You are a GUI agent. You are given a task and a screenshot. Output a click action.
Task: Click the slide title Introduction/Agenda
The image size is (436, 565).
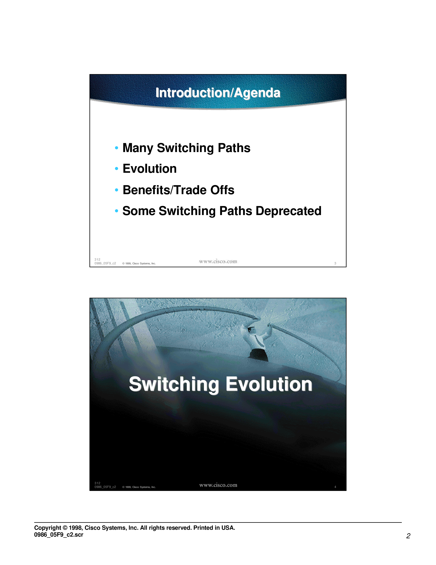tap(218, 93)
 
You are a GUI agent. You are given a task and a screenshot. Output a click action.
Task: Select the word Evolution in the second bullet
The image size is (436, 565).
tap(150, 169)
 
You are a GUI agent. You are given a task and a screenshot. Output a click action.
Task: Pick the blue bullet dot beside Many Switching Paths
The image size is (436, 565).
tap(116, 148)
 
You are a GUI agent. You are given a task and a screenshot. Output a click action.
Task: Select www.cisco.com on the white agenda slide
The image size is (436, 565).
tap(218, 262)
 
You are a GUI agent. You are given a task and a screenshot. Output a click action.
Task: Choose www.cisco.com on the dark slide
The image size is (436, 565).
tap(218, 485)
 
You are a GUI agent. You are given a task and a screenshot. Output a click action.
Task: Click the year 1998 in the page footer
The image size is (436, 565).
tap(75, 528)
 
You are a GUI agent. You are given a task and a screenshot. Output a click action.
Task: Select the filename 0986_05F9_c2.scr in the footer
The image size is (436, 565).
tap(59, 535)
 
